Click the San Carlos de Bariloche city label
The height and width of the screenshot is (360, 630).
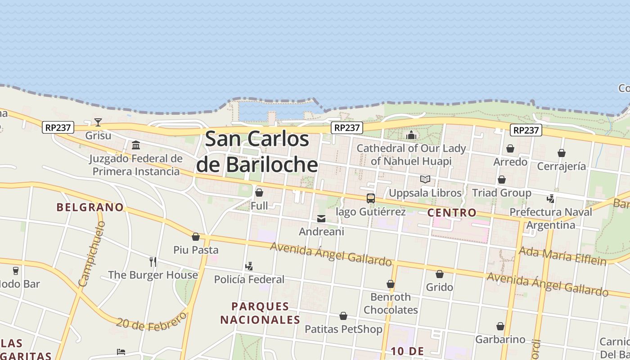257,152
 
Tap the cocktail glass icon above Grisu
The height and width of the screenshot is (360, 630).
98,122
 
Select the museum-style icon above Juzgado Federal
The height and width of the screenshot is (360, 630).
136,145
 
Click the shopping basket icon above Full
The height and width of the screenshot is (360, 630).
259,193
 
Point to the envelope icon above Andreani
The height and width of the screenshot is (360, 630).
321,219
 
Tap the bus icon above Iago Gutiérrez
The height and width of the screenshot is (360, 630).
371,198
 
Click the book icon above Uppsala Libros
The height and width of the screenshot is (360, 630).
425,180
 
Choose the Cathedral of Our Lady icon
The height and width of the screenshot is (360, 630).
411,135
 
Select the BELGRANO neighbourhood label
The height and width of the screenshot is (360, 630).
90,207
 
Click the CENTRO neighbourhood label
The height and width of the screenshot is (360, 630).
452,212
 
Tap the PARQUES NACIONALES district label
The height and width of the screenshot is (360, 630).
260,313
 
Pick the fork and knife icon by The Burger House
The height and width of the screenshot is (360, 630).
153,261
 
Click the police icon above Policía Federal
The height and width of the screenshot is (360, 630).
249,266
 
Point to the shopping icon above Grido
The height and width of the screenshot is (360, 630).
440,274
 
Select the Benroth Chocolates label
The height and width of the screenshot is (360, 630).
391,303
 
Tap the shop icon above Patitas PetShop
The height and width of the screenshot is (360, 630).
343,316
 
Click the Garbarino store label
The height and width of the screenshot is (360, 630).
500,339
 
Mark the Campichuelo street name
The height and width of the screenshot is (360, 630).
91,254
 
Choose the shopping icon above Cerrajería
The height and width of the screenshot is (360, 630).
562,153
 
